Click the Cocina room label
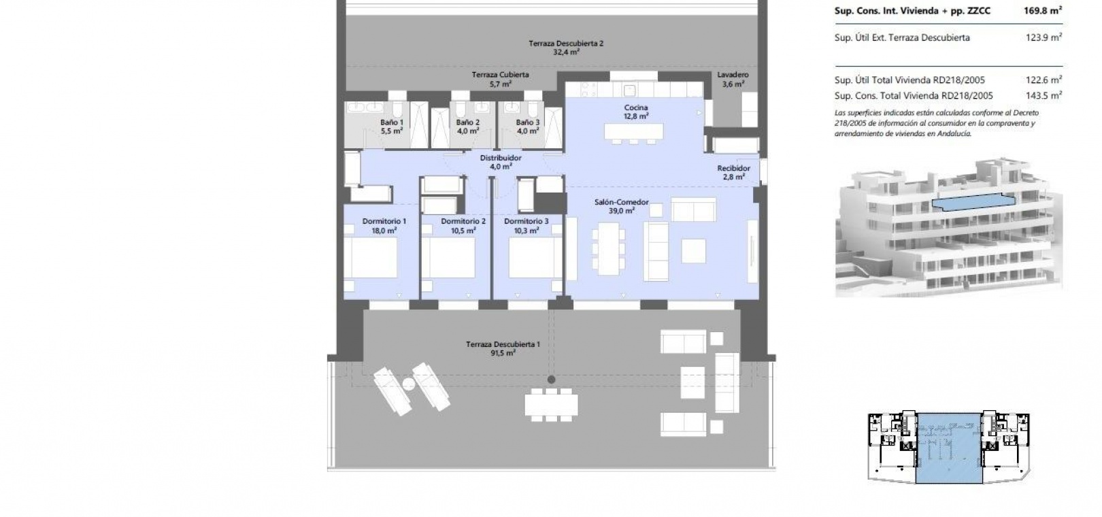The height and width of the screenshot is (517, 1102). click(635, 107)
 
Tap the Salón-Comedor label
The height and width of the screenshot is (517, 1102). click(621, 201)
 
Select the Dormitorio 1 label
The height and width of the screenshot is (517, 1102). click(384, 221)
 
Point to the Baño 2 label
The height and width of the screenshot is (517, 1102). click(467, 122)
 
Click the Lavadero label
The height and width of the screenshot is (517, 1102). click(733, 75)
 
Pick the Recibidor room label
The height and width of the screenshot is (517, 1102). click(733, 168)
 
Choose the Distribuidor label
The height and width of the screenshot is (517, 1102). click(501, 158)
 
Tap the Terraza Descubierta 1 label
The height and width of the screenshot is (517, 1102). click(503, 344)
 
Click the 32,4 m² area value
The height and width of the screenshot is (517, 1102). click(566, 52)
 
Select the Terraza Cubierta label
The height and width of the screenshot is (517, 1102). click(501, 75)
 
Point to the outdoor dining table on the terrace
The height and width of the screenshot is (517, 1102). click(552, 405)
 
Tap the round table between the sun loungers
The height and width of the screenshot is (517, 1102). click(409, 384)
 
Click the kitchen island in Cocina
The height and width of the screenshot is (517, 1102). click(634, 131)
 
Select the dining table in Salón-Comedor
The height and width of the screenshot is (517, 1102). click(609, 249)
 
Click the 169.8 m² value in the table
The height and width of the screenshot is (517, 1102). click(1042, 11)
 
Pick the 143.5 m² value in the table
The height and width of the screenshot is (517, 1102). click(1043, 95)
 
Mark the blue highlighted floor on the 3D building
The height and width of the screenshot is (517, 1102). click(973, 201)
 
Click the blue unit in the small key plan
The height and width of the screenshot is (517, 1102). click(949, 448)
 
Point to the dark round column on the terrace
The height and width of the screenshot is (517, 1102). click(552, 380)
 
